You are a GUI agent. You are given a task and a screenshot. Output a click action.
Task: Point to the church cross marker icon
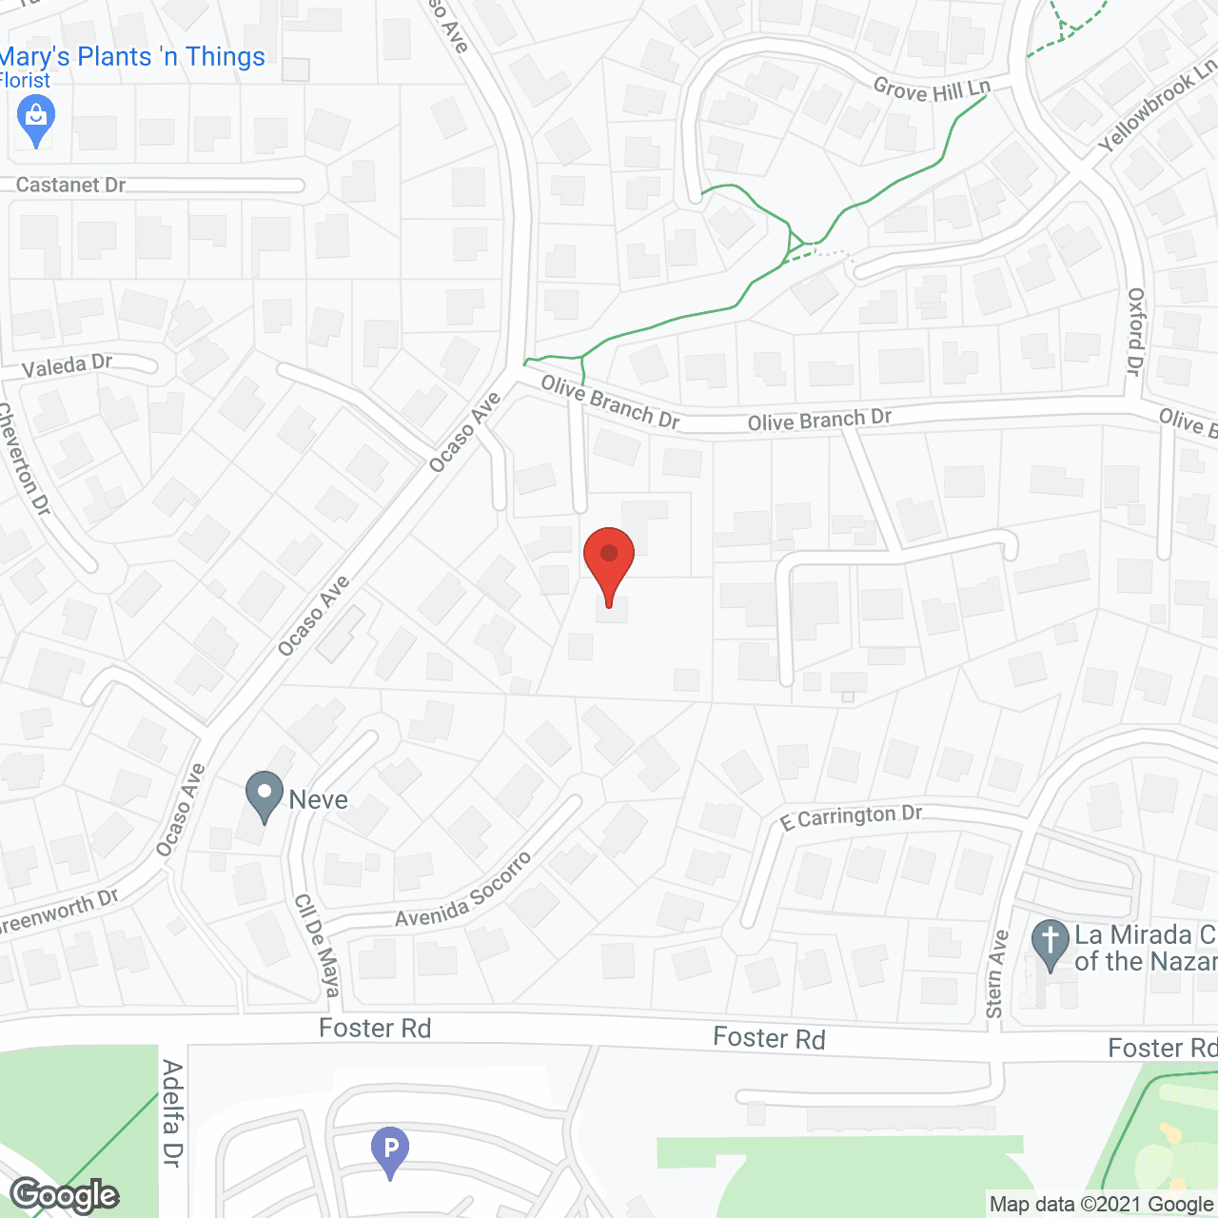point(1050,943)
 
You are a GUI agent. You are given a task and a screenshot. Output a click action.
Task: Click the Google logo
point(65,1195)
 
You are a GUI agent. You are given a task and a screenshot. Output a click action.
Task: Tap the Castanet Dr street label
point(70,185)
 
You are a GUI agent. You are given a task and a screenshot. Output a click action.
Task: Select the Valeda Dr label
point(67,365)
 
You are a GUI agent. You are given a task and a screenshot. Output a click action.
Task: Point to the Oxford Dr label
point(1134,331)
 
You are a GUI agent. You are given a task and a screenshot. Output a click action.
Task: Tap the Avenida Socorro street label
point(463,891)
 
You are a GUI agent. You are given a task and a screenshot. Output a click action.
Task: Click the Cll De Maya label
point(317,945)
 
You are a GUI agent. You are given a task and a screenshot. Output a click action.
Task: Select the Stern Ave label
point(996,973)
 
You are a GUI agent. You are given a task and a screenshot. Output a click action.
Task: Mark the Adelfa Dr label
point(172,1112)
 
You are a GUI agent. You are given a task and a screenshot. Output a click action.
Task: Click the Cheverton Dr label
point(23,460)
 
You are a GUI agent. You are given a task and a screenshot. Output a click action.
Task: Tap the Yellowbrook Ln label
point(1157,105)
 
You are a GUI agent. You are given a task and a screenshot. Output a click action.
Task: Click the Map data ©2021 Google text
point(1101,1205)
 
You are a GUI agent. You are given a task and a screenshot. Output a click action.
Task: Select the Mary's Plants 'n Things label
point(133,57)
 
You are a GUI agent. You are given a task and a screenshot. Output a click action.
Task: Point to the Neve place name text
point(318,800)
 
